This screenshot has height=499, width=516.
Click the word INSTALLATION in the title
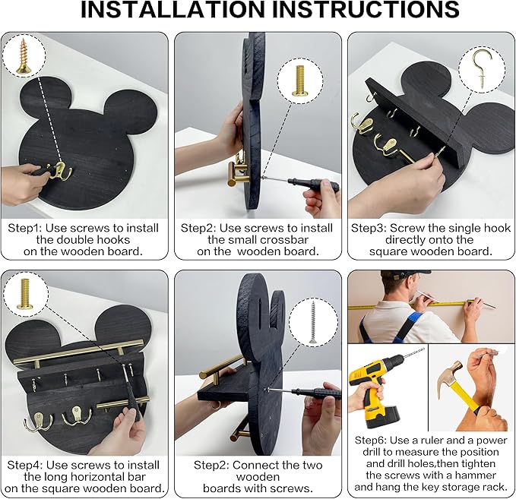point(173,9)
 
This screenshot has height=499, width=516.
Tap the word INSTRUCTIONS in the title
point(366,9)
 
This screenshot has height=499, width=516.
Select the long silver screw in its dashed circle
point(313,322)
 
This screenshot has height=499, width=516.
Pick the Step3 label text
point(369,228)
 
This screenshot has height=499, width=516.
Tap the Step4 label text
point(25,465)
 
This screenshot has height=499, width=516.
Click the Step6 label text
point(372,440)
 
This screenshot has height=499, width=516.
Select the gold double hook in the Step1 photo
point(60,170)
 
